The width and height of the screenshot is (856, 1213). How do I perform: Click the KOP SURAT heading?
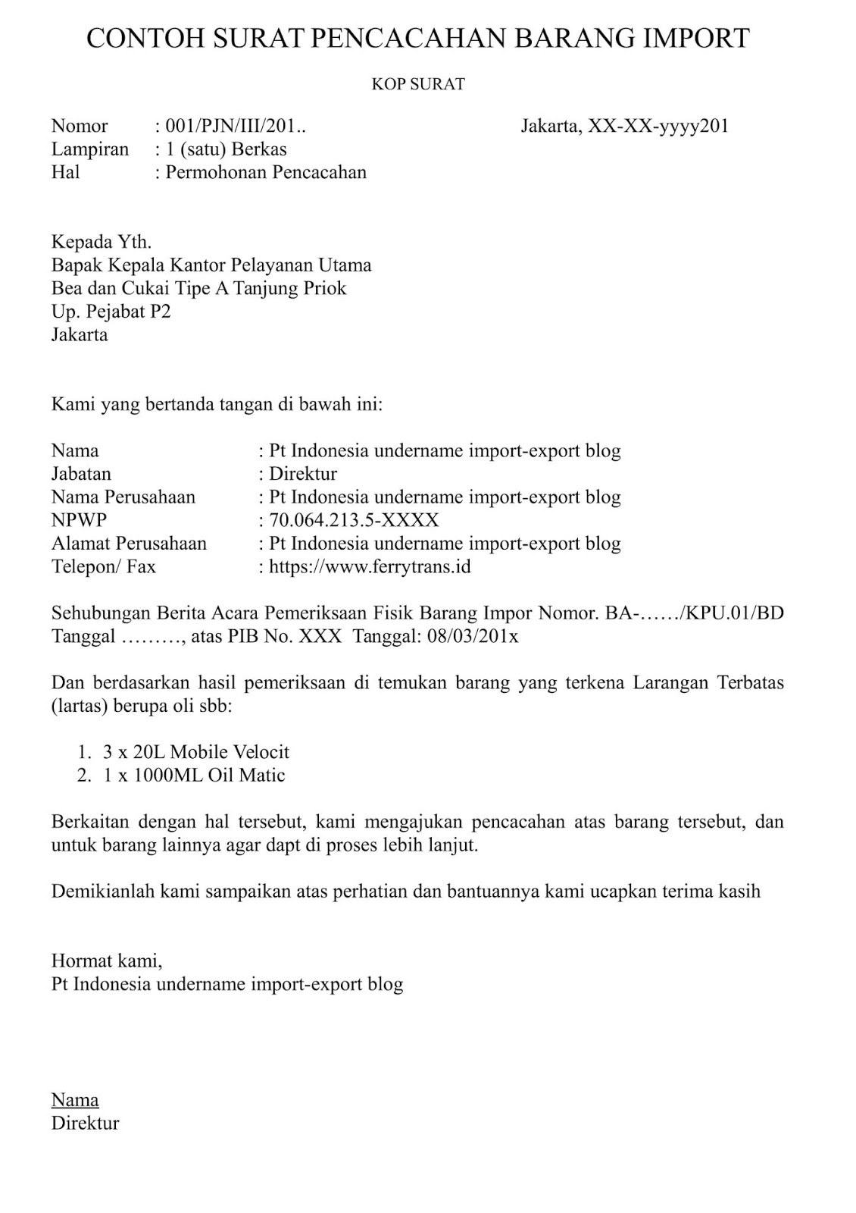[417, 84]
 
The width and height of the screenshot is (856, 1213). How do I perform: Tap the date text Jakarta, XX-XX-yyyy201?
[624, 126]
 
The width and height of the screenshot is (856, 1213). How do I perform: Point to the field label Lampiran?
[90, 149]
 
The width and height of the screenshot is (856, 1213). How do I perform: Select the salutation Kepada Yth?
[102, 242]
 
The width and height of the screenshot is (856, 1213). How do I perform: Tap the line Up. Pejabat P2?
[111, 312]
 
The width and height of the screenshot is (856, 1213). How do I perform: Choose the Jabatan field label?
[81, 474]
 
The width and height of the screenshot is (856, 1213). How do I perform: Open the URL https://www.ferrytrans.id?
[370, 566]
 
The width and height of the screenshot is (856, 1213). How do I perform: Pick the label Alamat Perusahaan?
[129, 544]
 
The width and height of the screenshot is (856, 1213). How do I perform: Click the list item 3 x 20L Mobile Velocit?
[195, 752]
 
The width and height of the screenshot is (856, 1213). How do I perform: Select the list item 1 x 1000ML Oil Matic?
[193, 775]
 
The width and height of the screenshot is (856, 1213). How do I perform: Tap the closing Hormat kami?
[107, 961]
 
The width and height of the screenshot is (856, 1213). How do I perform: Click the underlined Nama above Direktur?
[75, 1100]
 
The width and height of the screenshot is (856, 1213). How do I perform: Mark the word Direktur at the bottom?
[85, 1123]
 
